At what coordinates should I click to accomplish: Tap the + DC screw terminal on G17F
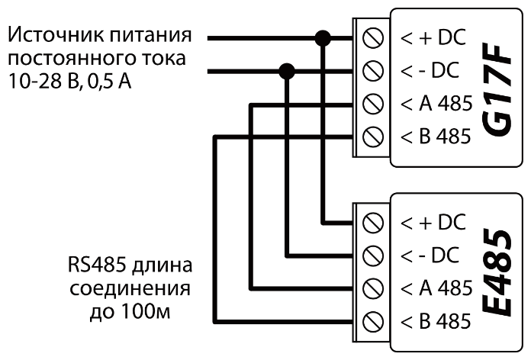coord(374,37)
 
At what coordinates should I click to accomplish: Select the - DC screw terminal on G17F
coord(374,70)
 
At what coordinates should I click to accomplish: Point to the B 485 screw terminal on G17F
coord(374,137)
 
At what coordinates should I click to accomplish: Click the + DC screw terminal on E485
coord(374,222)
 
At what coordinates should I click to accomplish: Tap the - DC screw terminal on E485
coord(374,255)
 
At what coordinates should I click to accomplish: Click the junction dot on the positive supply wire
coord(323,37)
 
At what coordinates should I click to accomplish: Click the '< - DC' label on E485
coord(431,255)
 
